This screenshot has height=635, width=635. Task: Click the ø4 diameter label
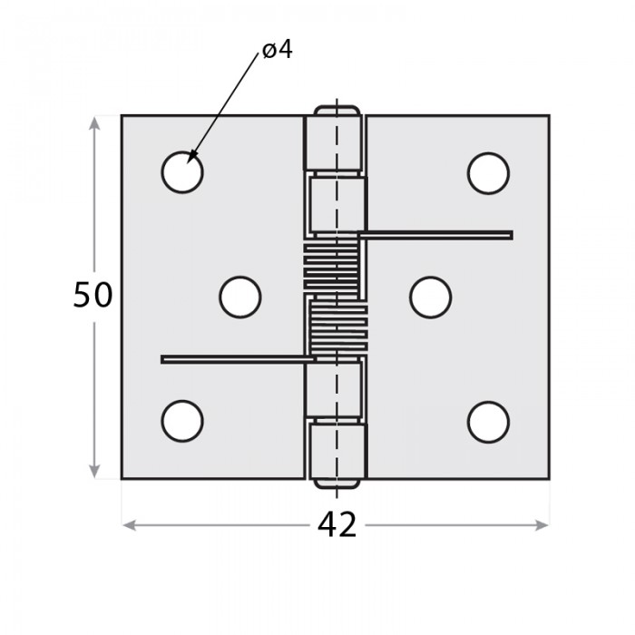click(x=278, y=50)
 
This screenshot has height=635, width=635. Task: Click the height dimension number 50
click(x=93, y=295)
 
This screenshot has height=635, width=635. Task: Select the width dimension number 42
click(x=337, y=525)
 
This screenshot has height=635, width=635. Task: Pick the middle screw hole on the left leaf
click(x=240, y=298)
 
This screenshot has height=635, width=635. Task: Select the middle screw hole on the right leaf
click(x=430, y=298)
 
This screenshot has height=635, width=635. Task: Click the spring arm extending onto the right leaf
click(x=435, y=235)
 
